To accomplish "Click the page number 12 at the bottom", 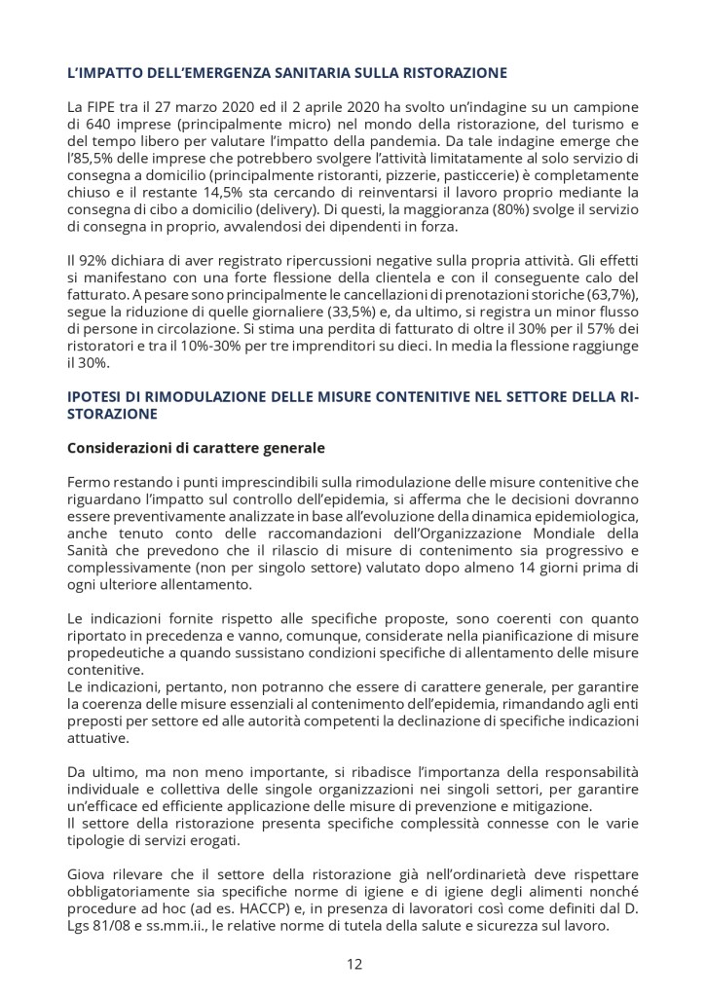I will (x=353, y=965).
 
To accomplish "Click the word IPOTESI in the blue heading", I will (x=97, y=396).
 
